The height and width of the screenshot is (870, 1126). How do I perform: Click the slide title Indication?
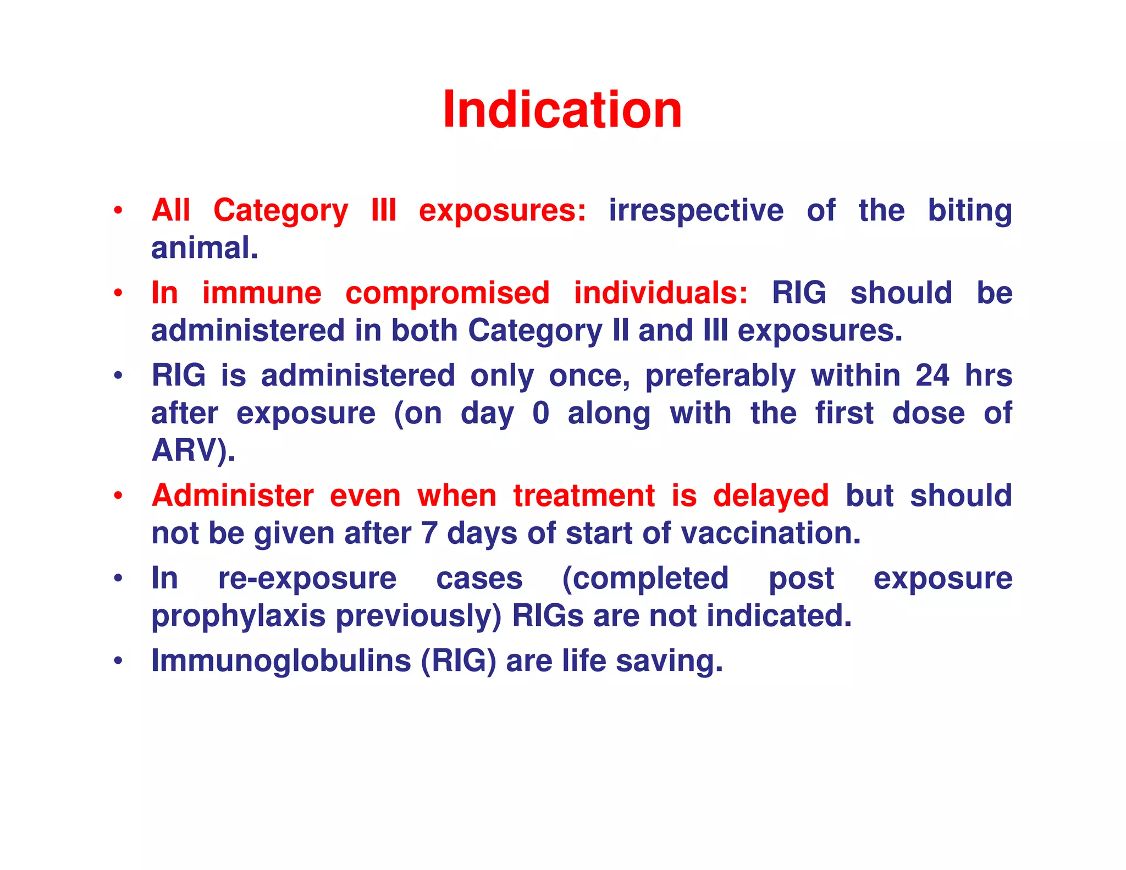click(562, 110)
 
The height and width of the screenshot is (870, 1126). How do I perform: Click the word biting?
click(969, 211)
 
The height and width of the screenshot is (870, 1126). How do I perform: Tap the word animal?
click(204, 248)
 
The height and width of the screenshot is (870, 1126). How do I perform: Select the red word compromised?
click(447, 293)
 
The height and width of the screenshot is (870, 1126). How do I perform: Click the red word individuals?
click(660, 293)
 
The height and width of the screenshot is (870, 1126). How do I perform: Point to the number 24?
click(932, 376)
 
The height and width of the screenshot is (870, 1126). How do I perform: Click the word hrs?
click(988, 376)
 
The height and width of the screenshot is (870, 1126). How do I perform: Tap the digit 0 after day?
click(540, 413)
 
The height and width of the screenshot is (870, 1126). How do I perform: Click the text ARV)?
click(193, 450)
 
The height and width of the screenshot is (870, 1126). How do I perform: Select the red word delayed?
click(770, 495)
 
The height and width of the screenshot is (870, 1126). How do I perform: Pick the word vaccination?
click(771, 533)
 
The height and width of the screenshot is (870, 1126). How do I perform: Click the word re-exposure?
click(307, 579)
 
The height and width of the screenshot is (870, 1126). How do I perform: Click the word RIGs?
click(548, 616)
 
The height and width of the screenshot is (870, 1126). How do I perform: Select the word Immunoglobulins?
click(281, 660)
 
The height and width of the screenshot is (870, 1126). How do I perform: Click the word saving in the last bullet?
click(669, 660)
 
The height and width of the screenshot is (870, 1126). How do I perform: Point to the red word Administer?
click(233, 495)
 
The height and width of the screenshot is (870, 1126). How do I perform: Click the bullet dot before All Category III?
click(118, 211)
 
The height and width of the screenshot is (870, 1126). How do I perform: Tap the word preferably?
click(720, 377)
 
